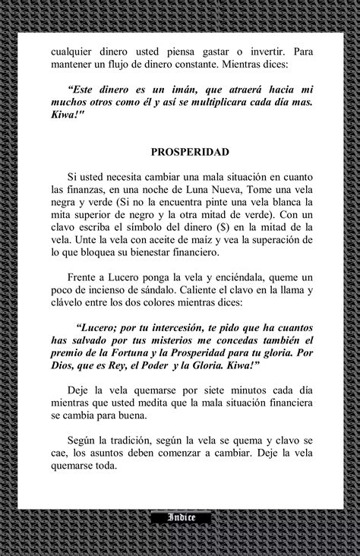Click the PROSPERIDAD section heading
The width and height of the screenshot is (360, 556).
(179, 151)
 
